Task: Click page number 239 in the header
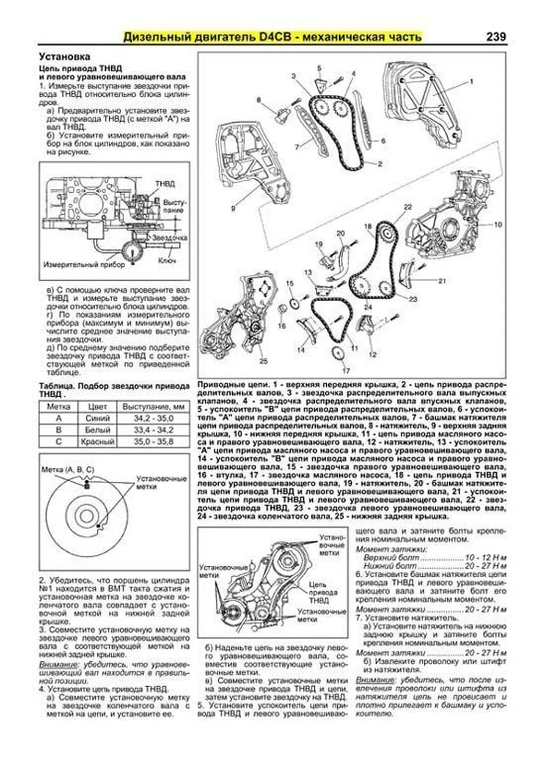[495, 36]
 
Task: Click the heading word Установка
[64, 57]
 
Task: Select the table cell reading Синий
[98, 418]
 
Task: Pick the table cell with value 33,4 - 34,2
[153, 430]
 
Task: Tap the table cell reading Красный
[98, 441]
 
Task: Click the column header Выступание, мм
[153, 407]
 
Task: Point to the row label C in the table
[59, 441]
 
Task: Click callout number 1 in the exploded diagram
[471, 82]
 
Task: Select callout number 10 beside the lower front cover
[498, 224]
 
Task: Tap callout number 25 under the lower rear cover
[263, 361]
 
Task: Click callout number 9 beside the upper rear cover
[233, 209]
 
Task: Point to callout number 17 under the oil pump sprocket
[346, 370]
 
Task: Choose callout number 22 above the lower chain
[407, 207]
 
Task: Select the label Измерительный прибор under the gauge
[84, 265]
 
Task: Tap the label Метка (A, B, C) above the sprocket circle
[68, 470]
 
